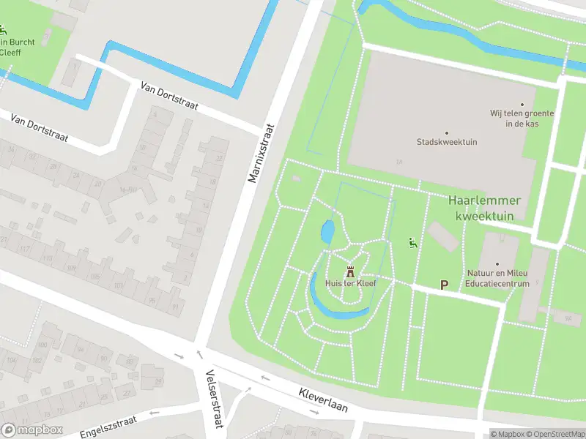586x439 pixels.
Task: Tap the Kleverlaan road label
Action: [x=322, y=399]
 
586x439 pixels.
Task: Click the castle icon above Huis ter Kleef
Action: [x=350, y=270]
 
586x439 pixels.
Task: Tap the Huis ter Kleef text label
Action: [x=350, y=282]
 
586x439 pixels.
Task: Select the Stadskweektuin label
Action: [x=447, y=142]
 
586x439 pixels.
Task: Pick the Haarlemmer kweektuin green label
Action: [x=484, y=208]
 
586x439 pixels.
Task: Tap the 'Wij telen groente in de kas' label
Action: [x=522, y=119]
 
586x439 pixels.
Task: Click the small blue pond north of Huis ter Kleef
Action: [x=327, y=233]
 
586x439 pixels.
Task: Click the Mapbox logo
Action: [x=32, y=430]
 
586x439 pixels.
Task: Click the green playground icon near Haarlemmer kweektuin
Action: [x=413, y=243]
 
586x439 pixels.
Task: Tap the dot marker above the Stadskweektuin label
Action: [x=447, y=132]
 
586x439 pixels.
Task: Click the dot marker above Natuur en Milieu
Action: [x=497, y=264]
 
